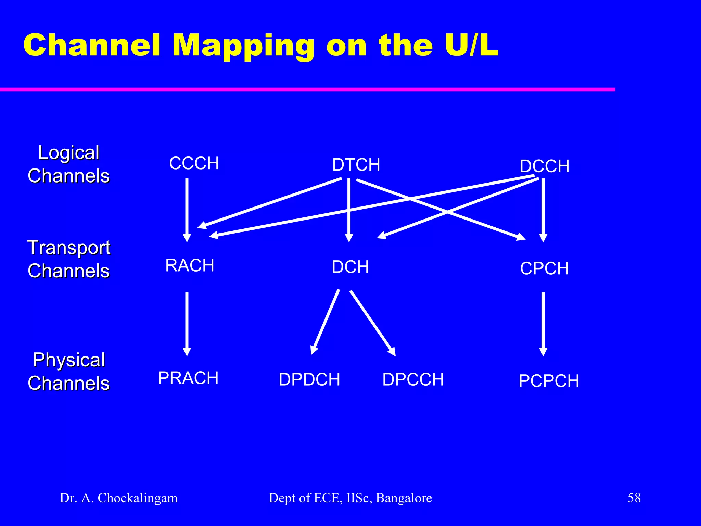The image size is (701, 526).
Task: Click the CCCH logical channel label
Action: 194,163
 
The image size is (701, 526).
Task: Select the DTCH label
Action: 356,165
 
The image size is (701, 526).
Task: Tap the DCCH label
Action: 544,166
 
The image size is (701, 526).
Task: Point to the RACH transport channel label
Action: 190,265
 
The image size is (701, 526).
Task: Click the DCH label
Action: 350,267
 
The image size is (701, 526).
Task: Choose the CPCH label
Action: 544,268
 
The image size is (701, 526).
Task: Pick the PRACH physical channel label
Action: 188,378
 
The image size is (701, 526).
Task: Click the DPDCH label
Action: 309,379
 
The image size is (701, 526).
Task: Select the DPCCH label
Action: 413,379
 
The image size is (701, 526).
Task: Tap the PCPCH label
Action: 549,381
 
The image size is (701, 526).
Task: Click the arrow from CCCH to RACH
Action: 187,209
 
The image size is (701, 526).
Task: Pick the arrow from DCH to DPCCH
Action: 372,322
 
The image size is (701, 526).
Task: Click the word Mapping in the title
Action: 243,46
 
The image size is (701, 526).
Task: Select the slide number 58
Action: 634,498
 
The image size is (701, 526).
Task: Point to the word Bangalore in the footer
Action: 404,498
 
